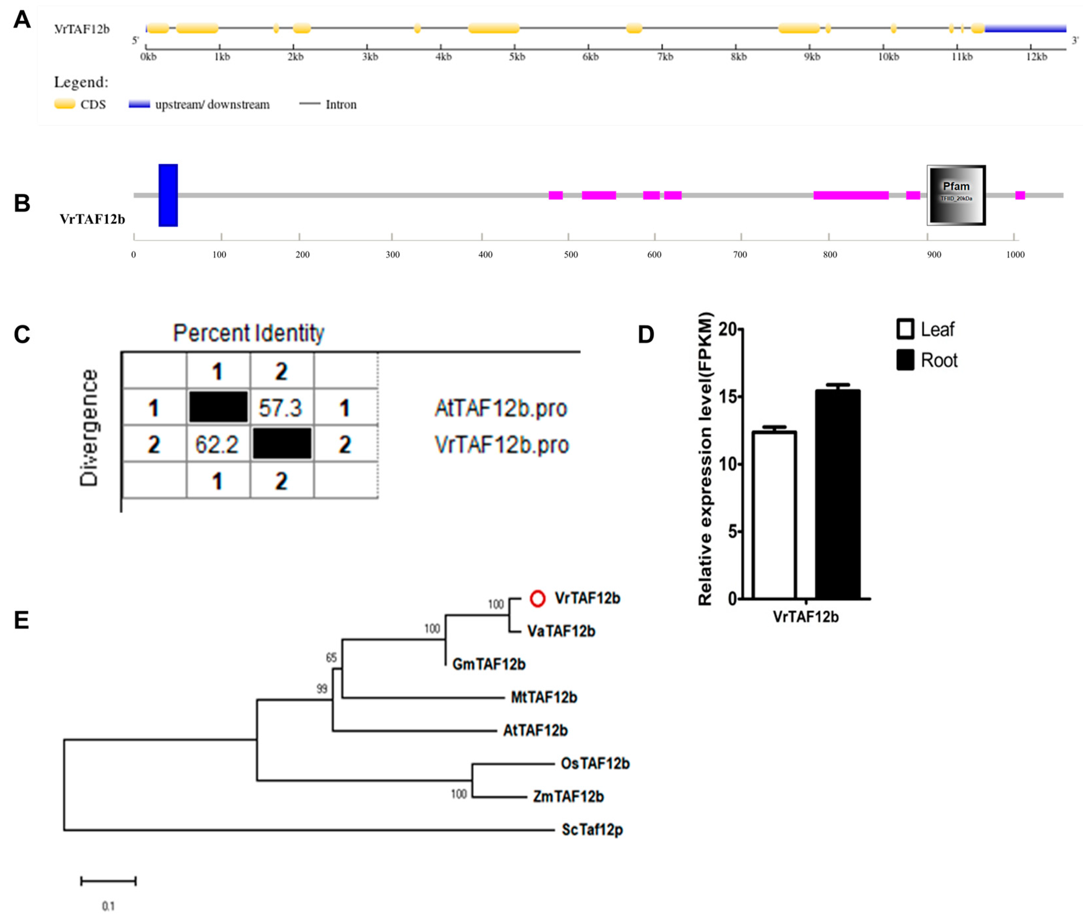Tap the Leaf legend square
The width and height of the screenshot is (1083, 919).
(x=905, y=329)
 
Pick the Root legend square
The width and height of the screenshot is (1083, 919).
(x=905, y=360)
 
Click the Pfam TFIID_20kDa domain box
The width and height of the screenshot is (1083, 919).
(x=956, y=195)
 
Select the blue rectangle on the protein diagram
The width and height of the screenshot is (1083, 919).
(x=168, y=195)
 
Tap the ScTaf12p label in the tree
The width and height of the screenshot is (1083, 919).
(x=592, y=829)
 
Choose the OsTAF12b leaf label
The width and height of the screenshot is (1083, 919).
(x=595, y=764)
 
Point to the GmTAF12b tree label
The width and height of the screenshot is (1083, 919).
(x=489, y=664)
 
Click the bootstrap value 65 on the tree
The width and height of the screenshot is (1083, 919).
(x=331, y=657)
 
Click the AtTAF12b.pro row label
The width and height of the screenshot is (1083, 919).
(x=501, y=408)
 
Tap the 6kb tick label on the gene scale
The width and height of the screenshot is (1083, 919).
(x=590, y=57)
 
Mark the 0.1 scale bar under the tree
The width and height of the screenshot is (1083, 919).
(x=108, y=881)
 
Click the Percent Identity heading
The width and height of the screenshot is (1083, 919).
(x=248, y=333)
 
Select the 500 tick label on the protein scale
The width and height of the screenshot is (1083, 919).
(x=571, y=255)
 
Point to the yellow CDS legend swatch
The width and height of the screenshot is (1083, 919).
(x=65, y=104)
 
